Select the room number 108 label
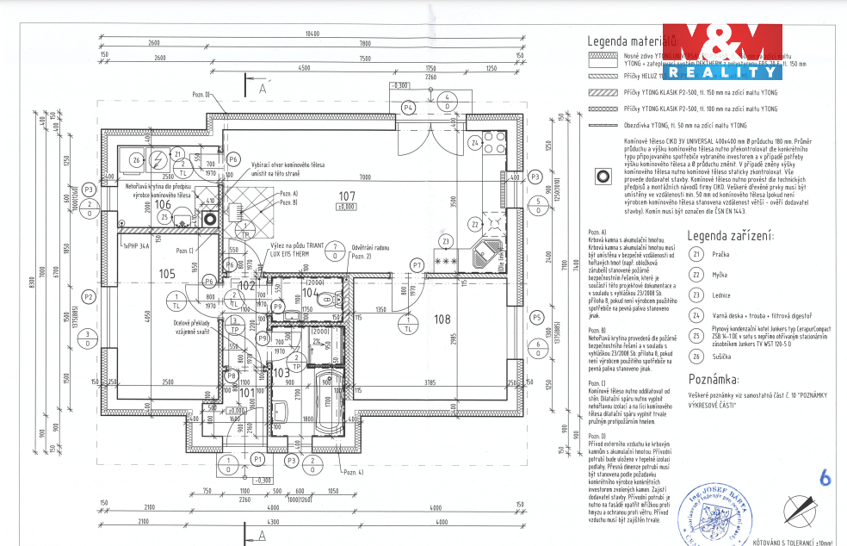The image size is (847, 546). [x=442, y=319]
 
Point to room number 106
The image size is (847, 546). [x=175, y=204]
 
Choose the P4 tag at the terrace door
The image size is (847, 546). [x=409, y=107]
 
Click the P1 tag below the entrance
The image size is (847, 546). [x=257, y=461]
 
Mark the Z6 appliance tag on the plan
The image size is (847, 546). [x=136, y=160]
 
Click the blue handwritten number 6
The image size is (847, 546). [x=825, y=476]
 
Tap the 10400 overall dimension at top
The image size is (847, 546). [x=312, y=34]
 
